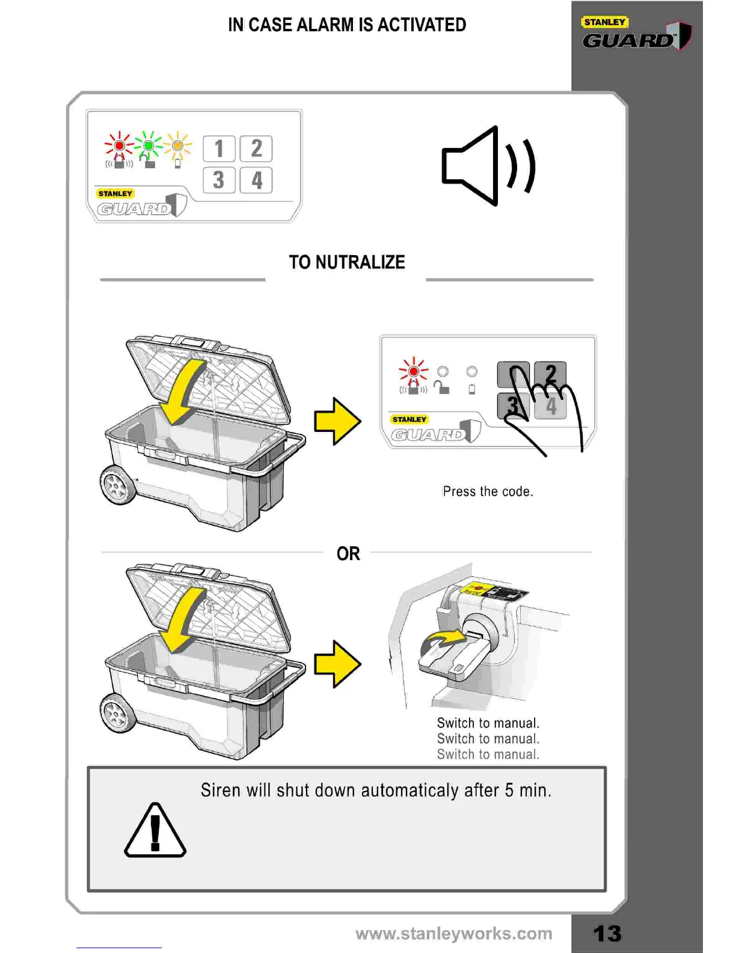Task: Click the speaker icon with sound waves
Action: (x=488, y=166)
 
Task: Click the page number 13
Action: (x=607, y=933)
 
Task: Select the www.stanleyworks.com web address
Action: (x=453, y=933)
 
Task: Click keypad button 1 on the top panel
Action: (x=219, y=149)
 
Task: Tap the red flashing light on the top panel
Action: (x=119, y=146)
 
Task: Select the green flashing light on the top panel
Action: (x=149, y=146)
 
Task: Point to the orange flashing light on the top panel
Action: (x=177, y=146)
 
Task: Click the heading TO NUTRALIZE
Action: (x=346, y=262)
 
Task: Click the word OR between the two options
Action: (x=348, y=554)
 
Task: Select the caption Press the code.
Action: (x=488, y=492)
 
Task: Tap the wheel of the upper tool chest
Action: (x=117, y=485)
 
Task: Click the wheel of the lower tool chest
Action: (x=117, y=714)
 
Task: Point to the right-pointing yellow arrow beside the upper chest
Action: (x=337, y=421)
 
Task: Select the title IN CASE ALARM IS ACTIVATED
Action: (x=347, y=25)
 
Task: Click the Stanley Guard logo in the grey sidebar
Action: (x=636, y=35)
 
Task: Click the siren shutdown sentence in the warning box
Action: (x=376, y=790)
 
